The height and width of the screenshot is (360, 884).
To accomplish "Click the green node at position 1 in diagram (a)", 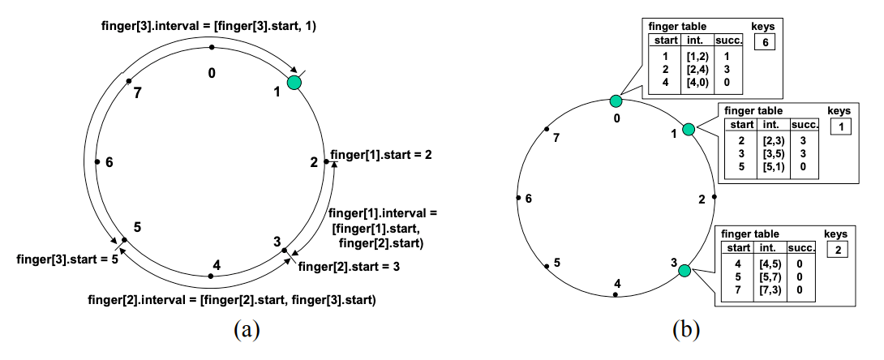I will [293, 84].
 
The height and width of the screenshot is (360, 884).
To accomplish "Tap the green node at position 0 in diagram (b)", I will [616, 101].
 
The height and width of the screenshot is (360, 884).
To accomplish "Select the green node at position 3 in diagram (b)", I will [684, 271].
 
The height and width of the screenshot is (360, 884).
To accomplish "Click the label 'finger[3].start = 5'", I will [62, 259].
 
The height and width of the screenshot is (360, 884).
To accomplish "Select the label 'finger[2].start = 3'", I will [349, 265].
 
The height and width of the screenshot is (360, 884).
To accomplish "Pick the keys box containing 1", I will [841, 127].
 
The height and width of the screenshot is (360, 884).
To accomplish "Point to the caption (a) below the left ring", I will [246, 330].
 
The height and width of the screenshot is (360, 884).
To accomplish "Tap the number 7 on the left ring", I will [139, 92].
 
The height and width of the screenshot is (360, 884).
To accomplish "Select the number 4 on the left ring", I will [215, 264].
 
